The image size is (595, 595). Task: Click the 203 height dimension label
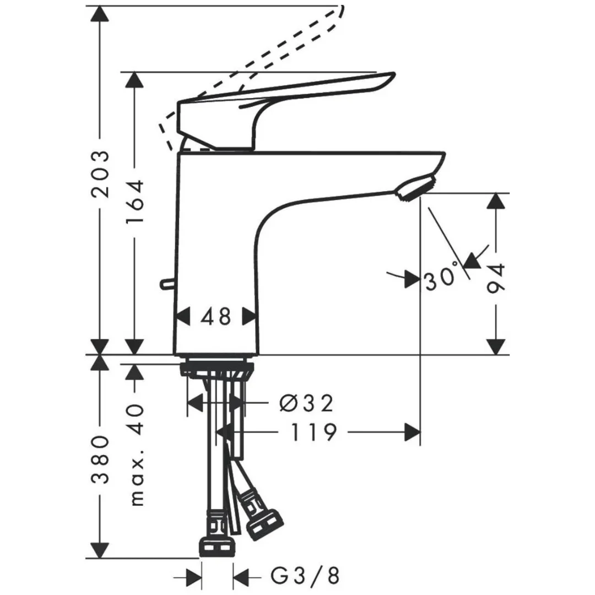(101, 174)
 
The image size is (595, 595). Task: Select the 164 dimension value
(134, 201)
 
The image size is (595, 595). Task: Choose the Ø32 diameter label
(306, 404)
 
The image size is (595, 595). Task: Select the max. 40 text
(136, 454)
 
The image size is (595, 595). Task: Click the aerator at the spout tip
(414, 188)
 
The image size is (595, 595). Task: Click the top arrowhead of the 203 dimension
(100, 14)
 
